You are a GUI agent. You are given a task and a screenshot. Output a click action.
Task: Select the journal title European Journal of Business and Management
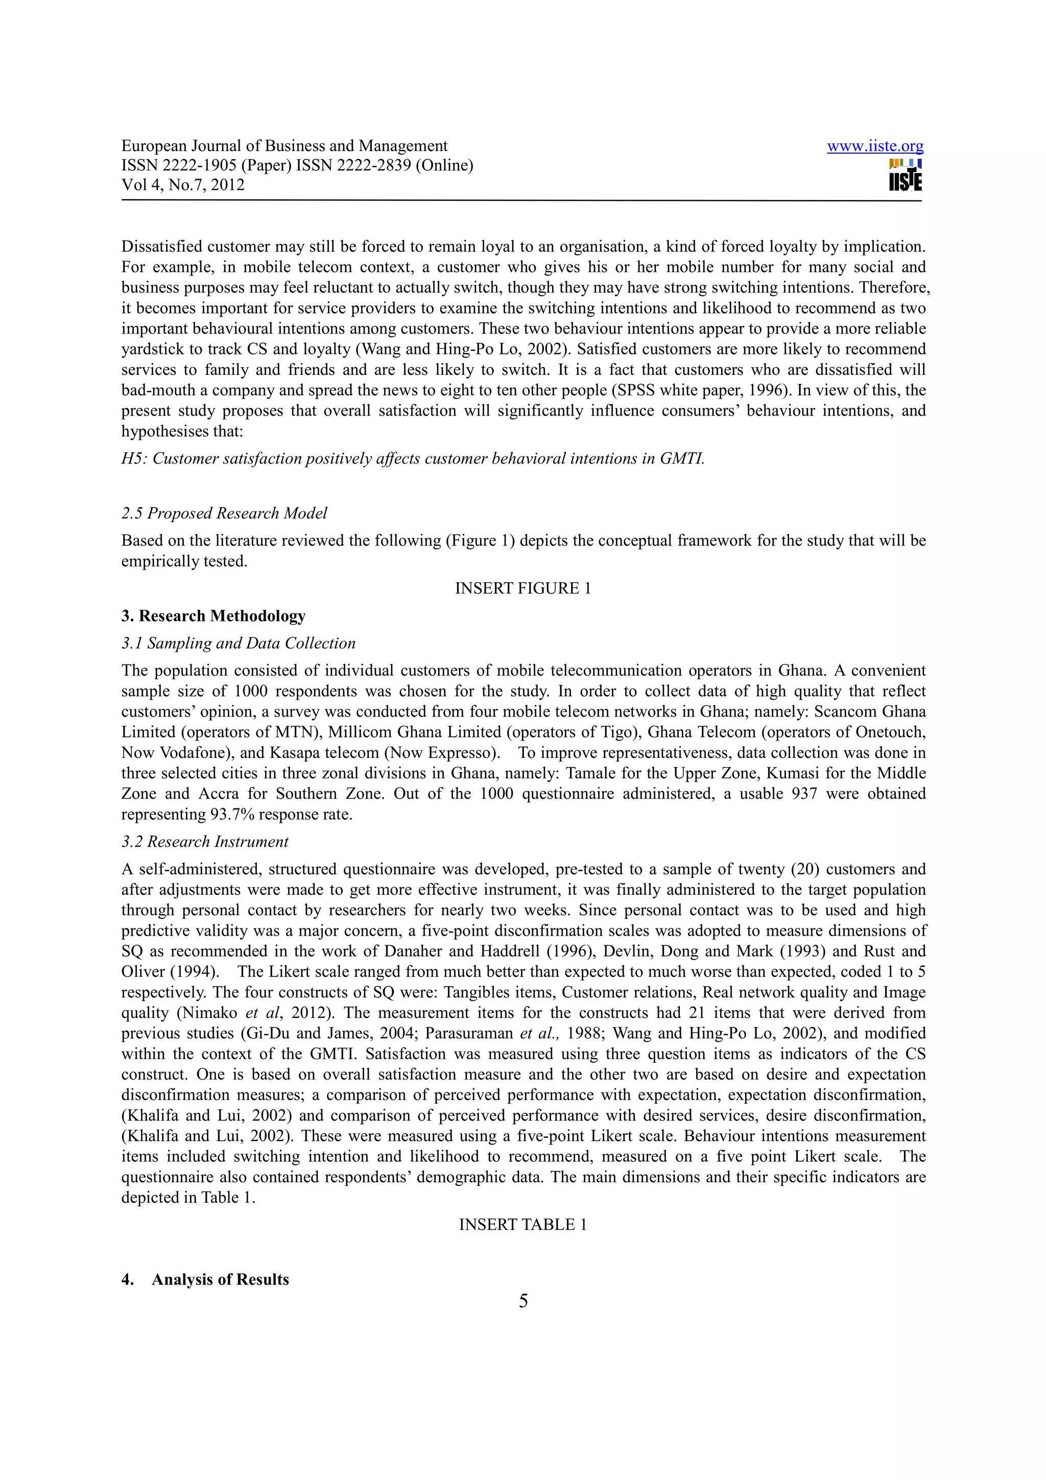(x=284, y=147)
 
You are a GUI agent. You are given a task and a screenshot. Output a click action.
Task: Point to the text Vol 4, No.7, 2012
(x=183, y=185)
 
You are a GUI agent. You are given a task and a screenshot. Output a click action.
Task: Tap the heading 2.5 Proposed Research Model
(x=224, y=513)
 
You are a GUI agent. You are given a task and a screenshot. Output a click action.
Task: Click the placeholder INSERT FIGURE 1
(x=522, y=588)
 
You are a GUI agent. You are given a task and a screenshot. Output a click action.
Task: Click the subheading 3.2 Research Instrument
(x=205, y=842)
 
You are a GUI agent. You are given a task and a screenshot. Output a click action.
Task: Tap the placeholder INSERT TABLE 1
(x=522, y=1225)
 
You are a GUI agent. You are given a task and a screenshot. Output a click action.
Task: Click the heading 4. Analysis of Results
(x=205, y=1279)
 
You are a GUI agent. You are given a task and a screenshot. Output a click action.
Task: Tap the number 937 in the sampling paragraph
(x=804, y=794)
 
